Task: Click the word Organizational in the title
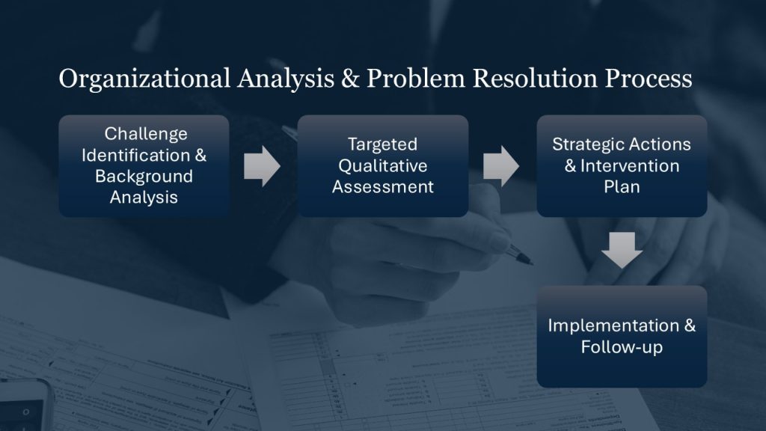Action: coord(144,79)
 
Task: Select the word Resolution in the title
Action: coord(534,78)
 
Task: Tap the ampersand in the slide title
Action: coord(350,78)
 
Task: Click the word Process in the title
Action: coord(649,78)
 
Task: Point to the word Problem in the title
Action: coord(416,78)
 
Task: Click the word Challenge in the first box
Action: coord(146,134)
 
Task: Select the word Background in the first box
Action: coord(144,177)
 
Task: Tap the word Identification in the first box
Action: coord(136,156)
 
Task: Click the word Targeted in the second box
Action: coord(382,144)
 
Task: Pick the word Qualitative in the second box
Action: coord(382,165)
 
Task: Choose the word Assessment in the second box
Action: coord(382,186)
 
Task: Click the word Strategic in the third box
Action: coord(581,144)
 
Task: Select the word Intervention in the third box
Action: coord(630,165)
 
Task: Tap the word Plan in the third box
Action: coord(622,186)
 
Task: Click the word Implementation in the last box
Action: coord(613,326)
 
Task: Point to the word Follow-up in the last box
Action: coord(622,347)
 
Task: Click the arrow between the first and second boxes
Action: coord(262,166)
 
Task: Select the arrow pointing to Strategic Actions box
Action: coord(501,166)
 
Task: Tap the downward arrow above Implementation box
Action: coord(622,250)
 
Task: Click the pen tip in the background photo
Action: coord(531,264)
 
